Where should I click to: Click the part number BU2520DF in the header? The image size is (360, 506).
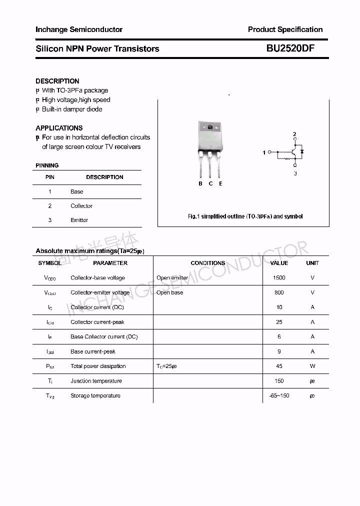coord(290,48)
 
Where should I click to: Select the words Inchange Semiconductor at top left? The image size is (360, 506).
coord(79,29)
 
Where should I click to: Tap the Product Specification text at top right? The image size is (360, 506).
coord(285,29)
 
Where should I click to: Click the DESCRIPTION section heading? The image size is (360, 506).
coord(57,81)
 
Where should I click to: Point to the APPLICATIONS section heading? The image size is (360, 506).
coord(59,128)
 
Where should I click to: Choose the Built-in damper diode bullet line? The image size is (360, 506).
coord(71,109)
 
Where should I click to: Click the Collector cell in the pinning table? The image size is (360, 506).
coord(81,206)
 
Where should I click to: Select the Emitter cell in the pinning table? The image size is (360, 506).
coord(79,220)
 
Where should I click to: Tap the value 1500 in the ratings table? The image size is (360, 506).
coord(279,277)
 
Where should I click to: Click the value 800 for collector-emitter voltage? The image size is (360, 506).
coord(279,292)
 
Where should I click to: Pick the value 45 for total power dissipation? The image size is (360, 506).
coord(279,366)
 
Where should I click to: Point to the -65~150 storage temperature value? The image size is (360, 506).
coord(279,395)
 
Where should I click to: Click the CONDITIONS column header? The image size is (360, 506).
coord(208,263)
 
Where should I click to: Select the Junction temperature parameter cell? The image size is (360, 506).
coord(96,381)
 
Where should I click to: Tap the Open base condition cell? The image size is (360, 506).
coord(170,292)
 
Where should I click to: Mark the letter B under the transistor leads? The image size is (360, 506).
coord(200,183)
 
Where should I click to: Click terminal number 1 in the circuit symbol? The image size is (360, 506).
coord(264,152)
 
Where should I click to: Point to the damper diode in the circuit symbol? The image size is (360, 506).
coord(301,151)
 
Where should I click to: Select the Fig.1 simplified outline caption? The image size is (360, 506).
coord(245,216)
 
